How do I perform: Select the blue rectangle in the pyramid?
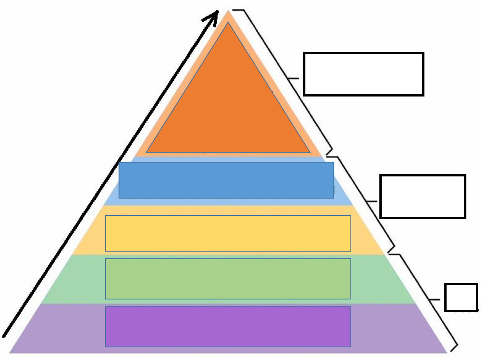coord(226,180)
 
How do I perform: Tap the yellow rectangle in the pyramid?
coord(228,233)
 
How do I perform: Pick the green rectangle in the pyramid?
coord(228,279)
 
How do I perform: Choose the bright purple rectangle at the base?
coord(228,326)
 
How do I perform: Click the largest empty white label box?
coord(364,74)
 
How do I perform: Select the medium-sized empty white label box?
coord(422,196)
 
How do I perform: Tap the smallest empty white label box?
coord(461,297)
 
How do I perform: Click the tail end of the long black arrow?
coord(4,336)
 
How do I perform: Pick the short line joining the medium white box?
coord(373,201)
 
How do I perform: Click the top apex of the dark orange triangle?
coord(228,23)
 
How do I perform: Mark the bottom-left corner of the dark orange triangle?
coord(147,152)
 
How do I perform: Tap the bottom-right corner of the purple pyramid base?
coord(446,352)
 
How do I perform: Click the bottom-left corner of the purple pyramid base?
coord(10,352)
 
